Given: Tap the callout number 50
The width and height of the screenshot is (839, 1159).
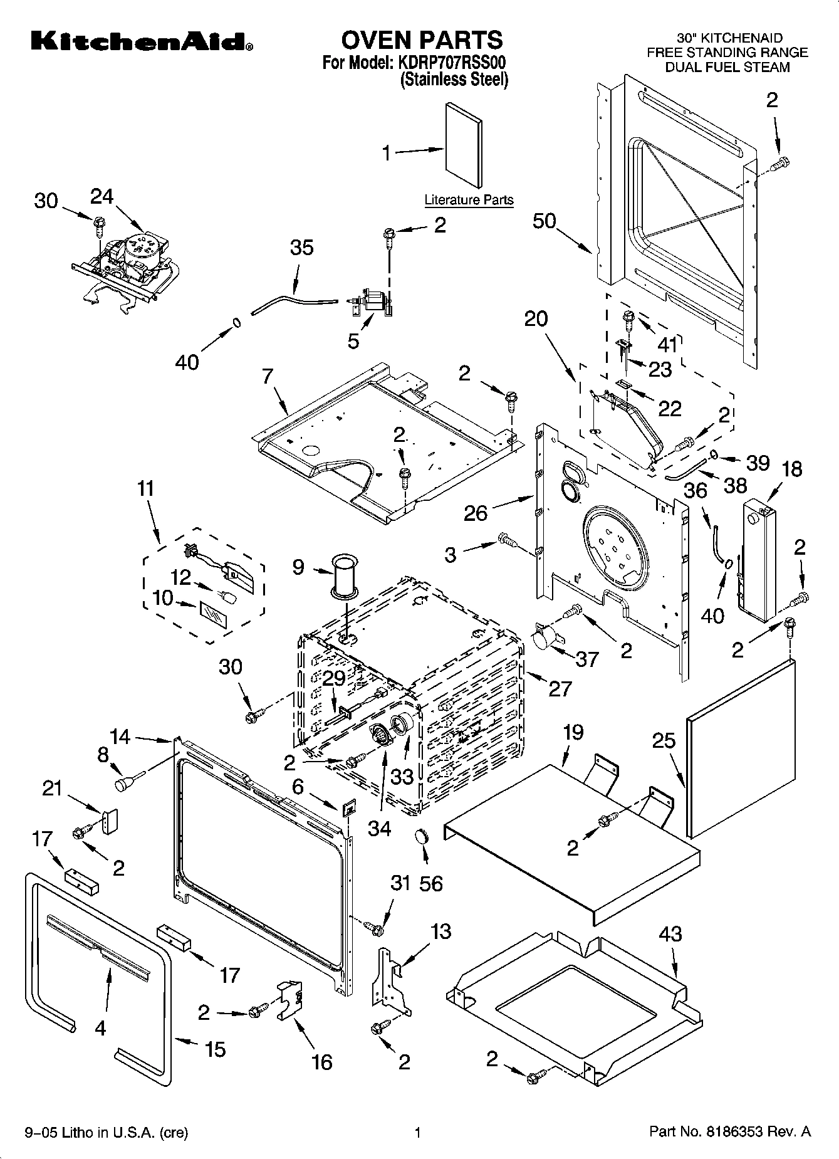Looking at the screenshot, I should (x=545, y=221).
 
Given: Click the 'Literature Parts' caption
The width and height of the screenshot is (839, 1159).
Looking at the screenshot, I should (x=469, y=200).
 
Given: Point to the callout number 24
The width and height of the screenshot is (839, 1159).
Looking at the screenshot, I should (x=102, y=197).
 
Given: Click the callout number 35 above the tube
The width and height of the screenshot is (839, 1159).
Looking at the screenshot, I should (x=301, y=248).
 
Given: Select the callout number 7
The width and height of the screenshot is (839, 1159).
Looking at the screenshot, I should (x=268, y=377).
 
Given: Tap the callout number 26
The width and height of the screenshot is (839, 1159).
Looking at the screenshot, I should (x=476, y=513).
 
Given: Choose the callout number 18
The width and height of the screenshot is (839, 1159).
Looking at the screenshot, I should (x=792, y=469).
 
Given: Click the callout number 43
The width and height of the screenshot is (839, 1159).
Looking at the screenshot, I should (x=670, y=933).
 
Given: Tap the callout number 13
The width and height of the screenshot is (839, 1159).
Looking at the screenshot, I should (x=440, y=931).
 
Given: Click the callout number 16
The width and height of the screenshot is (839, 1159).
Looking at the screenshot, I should (x=321, y=1062).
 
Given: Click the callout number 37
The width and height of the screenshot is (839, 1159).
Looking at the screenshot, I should (x=586, y=659).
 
